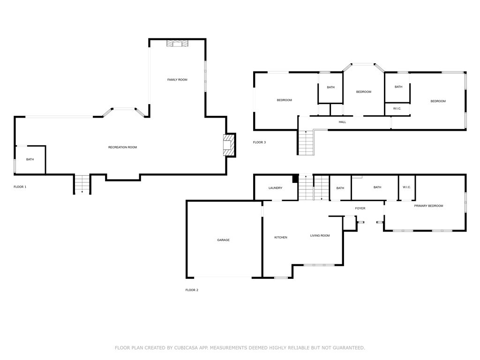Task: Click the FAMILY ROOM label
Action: pos(177,80)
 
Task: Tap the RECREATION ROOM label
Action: pos(122,147)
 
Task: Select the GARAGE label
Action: pos(223,240)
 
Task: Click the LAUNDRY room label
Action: pos(275,188)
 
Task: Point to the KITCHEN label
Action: pos(281,238)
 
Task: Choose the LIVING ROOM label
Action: pos(320,236)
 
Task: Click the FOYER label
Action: pos(360,208)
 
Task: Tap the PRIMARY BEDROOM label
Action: pos(428,206)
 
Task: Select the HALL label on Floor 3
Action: pos(342,122)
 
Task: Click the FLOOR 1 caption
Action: pos(20,187)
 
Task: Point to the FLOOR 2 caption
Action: pos(192,290)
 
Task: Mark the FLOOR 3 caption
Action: pos(259,142)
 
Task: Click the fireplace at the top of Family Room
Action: pos(177,44)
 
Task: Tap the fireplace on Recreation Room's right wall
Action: pos(228,146)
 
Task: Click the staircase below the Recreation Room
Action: pos(82,184)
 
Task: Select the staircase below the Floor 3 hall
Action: pos(306,142)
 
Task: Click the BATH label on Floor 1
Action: pos(30,159)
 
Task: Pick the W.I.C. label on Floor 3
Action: pos(397,109)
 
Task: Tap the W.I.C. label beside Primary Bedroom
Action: pos(406,187)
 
